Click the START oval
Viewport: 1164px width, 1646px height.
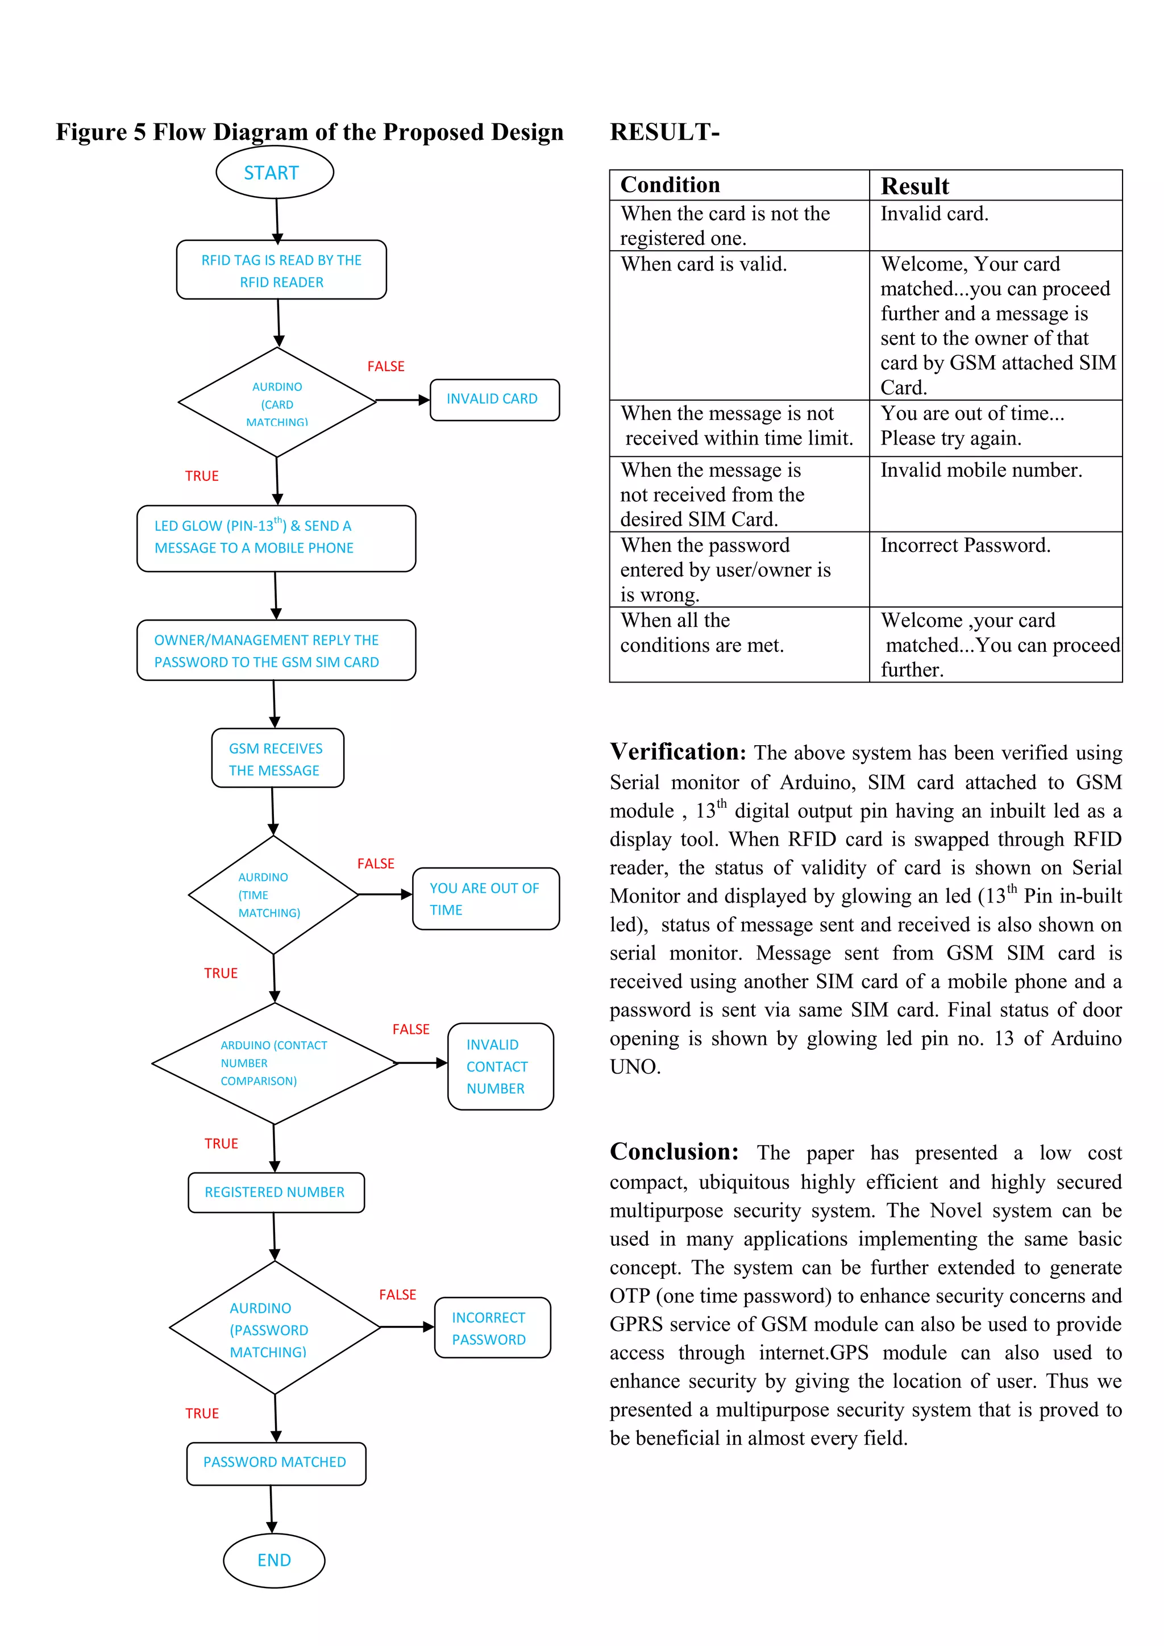[275, 173]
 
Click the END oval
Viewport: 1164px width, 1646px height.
[274, 1560]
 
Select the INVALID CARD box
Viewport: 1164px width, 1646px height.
[494, 400]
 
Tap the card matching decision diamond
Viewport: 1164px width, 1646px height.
[277, 403]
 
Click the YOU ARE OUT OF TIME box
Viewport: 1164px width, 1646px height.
[485, 898]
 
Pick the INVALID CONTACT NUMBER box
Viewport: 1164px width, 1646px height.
[500, 1066]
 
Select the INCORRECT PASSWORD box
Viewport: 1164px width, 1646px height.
[492, 1328]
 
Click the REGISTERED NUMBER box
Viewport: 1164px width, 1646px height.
[276, 1192]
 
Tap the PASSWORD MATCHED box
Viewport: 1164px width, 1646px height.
[276, 1462]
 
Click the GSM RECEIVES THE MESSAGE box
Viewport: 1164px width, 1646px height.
[277, 758]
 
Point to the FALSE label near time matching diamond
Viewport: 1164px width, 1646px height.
[376, 864]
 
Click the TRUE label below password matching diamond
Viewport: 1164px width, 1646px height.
[202, 1413]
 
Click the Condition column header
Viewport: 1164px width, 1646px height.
[670, 185]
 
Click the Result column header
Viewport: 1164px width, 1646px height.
[914, 186]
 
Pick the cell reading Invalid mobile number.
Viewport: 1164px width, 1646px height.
[980, 470]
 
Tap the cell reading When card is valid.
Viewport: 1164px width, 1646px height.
[703, 264]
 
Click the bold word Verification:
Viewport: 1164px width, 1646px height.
[677, 752]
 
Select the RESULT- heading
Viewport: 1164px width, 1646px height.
[664, 132]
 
